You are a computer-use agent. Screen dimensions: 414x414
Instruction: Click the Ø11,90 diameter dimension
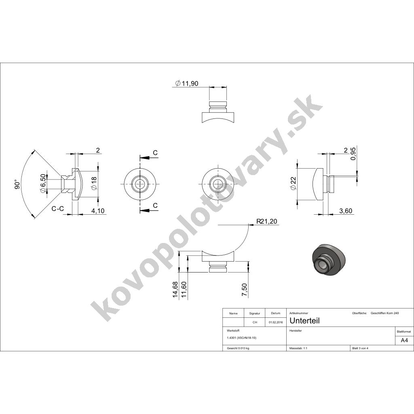coord(186,83)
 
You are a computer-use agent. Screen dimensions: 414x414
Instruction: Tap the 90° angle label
coord(17,184)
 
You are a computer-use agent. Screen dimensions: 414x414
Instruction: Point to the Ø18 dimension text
coord(94,183)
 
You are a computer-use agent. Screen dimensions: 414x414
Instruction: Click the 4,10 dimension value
coord(98,211)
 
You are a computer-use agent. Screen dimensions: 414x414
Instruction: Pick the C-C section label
coord(57,209)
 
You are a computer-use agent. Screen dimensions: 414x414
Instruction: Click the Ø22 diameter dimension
coord(294,184)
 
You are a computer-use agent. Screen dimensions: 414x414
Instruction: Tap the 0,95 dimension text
coord(353,154)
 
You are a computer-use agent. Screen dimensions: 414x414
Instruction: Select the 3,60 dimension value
coord(345,211)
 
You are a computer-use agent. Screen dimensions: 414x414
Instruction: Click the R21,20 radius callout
coord(267,221)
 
